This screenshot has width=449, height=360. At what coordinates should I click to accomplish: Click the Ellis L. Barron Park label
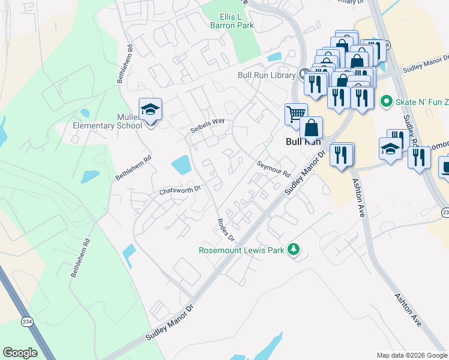232,21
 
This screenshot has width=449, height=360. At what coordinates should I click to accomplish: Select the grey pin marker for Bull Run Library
303,74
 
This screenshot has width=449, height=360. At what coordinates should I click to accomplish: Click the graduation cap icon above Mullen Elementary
149,109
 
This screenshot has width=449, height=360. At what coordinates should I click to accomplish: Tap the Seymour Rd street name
273,167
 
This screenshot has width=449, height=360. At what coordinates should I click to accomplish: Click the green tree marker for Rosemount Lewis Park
293,248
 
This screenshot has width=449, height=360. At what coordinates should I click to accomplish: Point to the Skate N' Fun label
420,102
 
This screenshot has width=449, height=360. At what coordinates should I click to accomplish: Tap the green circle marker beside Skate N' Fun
386,102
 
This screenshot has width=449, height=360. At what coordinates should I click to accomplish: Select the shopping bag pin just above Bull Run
312,127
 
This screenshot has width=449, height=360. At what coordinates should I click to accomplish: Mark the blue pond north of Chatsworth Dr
181,164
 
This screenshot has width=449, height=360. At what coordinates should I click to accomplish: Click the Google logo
20,352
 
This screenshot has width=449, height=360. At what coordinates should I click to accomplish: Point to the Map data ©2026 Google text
411,355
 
